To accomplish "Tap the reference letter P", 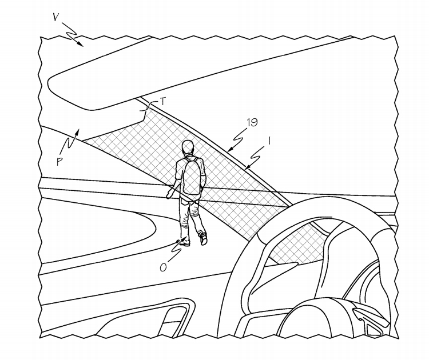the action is click(59, 162).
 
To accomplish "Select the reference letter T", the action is click(163, 102).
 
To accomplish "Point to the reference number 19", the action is click(252, 122).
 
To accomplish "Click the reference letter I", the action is click(269, 141).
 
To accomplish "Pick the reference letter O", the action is click(163, 267).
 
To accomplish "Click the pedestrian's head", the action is click(188, 147).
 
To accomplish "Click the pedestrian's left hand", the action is click(170, 194).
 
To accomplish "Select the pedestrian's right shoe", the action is click(204, 239).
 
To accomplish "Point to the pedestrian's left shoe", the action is click(184, 243).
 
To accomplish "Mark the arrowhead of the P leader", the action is click(78, 132).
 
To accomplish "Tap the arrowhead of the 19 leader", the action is click(230, 150).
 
